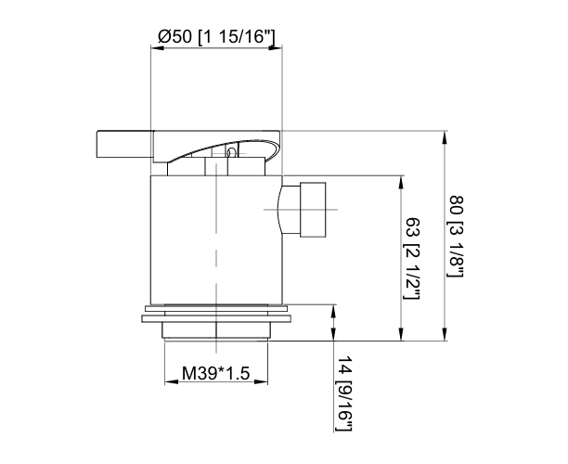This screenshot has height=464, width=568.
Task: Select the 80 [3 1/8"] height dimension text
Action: [x=456, y=238]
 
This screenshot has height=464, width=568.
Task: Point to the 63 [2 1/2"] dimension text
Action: [x=412, y=259]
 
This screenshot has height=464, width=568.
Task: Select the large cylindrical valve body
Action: [x=215, y=241]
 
